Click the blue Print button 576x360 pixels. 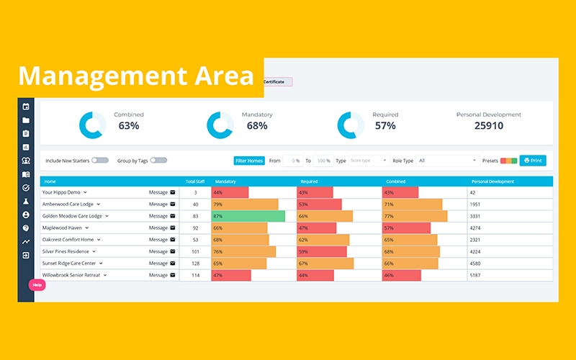point(533,161)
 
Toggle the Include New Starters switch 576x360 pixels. point(99,161)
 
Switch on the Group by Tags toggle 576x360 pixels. point(158,161)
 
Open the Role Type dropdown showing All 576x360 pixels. point(447,161)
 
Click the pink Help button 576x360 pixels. point(37,285)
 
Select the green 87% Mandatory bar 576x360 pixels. point(248,216)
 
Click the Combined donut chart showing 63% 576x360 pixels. point(92,125)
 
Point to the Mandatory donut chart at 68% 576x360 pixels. point(220,125)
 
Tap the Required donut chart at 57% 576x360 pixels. point(351,125)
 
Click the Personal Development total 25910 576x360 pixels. point(489,126)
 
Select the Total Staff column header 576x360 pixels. point(195,181)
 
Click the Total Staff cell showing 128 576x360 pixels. point(195,264)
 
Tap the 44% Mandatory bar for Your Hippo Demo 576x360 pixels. point(230,193)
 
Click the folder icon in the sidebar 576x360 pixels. point(26,120)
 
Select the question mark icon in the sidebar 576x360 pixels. point(26,228)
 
